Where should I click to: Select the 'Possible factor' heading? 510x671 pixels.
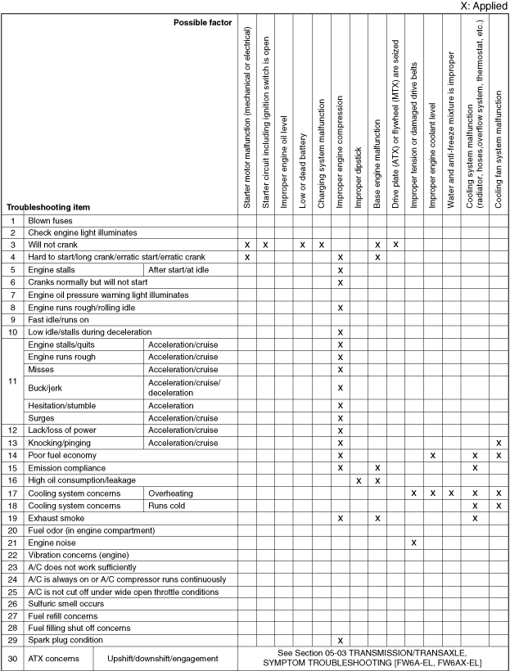point(202,21)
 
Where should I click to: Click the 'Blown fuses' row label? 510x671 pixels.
point(51,221)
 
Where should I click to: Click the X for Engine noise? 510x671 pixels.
point(414,543)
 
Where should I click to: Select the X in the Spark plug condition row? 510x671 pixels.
point(340,639)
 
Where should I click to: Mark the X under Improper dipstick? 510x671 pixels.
point(359,480)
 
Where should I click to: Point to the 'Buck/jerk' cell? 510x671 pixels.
point(48,387)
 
